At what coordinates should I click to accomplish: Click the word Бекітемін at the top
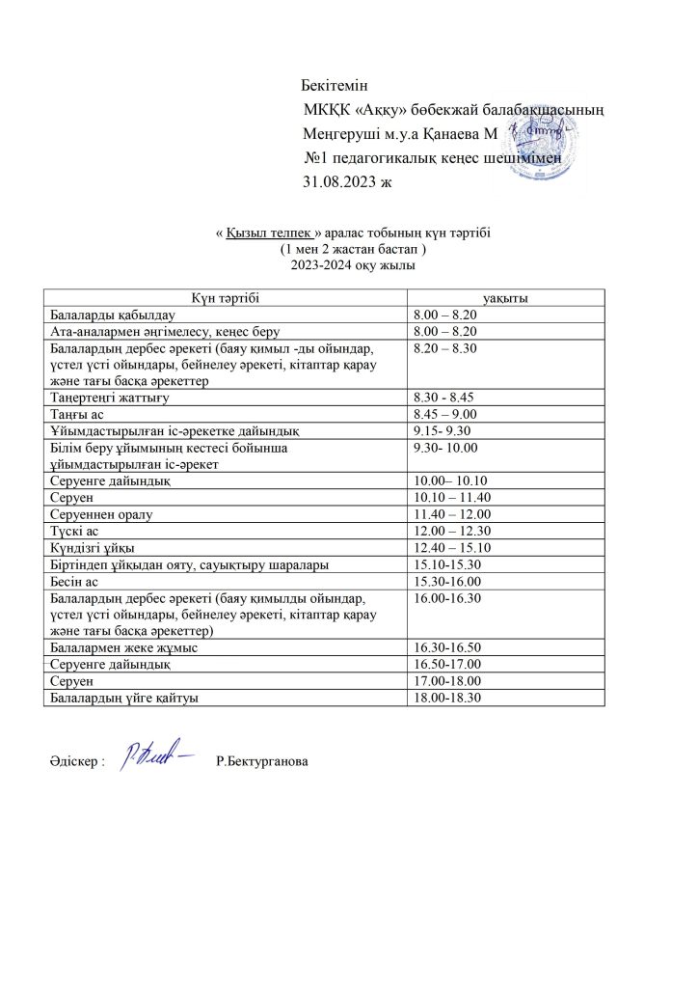(x=335, y=88)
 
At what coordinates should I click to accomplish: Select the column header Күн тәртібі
(x=226, y=298)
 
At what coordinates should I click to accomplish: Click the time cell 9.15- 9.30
(x=443, y=428)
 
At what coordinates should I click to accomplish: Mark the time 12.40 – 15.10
(x=446, y=546)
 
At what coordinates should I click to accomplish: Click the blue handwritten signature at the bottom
(x=153, y=755)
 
